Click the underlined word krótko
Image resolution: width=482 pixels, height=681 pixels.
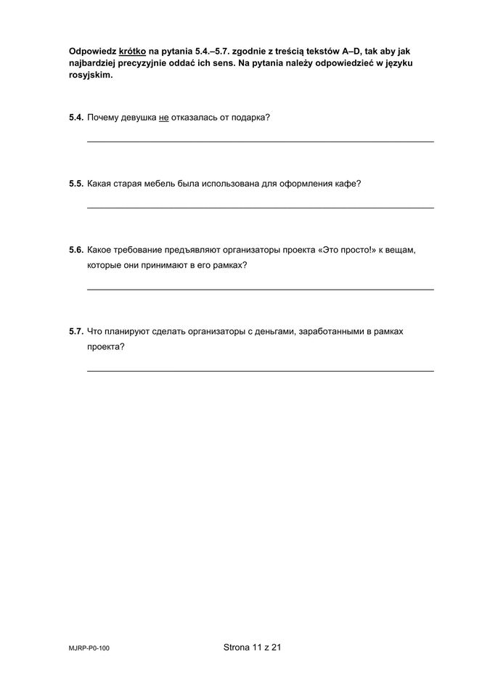(132, 52)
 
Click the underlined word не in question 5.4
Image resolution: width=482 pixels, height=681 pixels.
(163, 117)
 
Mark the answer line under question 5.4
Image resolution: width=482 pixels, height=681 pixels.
(261, 141)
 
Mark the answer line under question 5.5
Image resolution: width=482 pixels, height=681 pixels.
(261, 208)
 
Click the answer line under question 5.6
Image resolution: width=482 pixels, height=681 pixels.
(261, 289)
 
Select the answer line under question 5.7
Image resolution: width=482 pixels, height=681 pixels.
(261, 370)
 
